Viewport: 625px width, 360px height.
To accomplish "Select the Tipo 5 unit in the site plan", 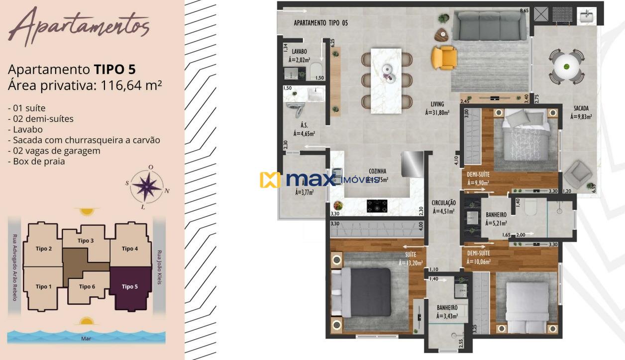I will (130, 287).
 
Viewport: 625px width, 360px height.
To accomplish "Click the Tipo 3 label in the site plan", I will (86, 241).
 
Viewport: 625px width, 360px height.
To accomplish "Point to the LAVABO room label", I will (300, 51).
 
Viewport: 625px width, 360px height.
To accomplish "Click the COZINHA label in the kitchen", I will (378, 170).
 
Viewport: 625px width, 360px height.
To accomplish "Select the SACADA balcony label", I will (581, 107).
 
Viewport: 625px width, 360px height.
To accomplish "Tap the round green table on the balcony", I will (566, 66).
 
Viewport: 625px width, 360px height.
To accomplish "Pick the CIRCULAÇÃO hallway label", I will (444, 203).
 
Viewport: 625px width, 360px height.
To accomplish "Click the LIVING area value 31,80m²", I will (437, 113).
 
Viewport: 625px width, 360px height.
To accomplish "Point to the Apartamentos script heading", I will (78, 26).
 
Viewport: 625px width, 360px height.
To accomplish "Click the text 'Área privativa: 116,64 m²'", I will (85, 85).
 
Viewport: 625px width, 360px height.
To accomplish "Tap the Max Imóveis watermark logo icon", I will (270, 180).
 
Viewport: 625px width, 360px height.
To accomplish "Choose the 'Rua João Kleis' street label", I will (159, 267).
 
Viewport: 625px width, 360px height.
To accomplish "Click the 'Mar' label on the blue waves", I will (86, 339).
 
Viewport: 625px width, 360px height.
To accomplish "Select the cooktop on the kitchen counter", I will (377, 206).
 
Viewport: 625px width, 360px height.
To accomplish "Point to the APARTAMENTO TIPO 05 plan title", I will (320, 22).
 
